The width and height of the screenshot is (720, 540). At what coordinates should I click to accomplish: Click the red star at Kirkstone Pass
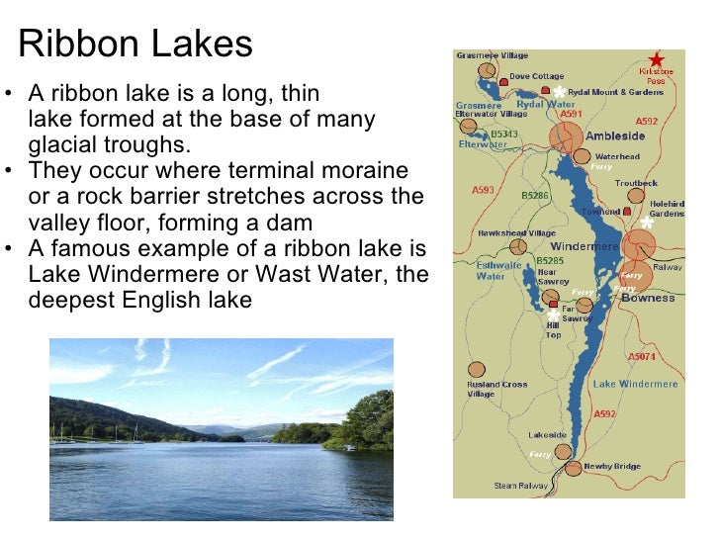(657, 59)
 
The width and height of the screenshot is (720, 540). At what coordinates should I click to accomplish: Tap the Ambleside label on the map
(616, 136)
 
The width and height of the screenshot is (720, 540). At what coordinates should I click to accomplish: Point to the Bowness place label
(648, 298)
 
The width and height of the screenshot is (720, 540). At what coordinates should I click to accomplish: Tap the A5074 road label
(642, 356)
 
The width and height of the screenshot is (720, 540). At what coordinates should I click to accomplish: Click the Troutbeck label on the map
(635, 183)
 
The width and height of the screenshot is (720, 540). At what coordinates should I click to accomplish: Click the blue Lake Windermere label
(635, 384)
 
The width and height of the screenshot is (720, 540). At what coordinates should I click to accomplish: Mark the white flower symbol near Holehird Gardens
(648, 222)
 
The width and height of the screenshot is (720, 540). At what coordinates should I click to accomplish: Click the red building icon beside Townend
(626, 211)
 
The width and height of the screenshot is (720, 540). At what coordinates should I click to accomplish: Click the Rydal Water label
(546, 104)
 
